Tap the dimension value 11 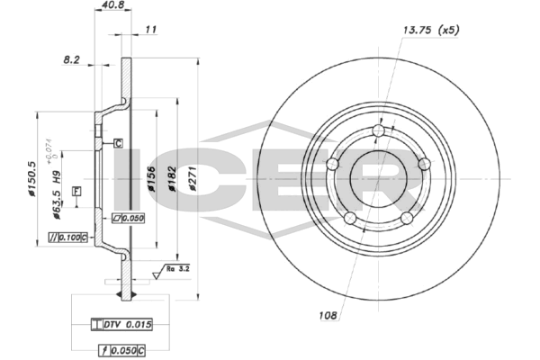click(x=151, y=30)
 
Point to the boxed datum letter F click(x=76, y=191)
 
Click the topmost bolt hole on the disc click(x=378, y=132)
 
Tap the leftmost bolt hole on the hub click(x=332, y=164)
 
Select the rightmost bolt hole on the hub click(x=424, y=164)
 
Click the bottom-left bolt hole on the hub click(x=350, y=218)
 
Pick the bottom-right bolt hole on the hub click(x=407, y=218)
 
